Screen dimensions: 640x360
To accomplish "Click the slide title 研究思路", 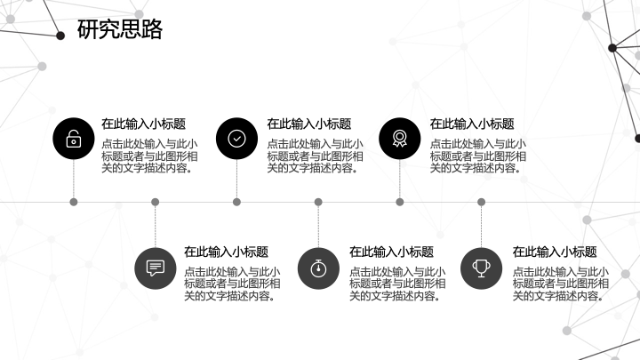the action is (120, 29).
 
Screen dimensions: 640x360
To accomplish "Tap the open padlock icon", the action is (74, 139).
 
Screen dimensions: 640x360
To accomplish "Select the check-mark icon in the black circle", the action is (236, 139).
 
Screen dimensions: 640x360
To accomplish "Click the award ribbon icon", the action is (400, 139).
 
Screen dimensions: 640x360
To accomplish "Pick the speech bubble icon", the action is (155, 268).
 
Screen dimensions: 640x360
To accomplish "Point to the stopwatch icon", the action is (318, 268).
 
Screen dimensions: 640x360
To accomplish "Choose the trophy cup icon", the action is (481, 268).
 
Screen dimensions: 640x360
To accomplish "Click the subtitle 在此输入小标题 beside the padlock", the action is (144, 124).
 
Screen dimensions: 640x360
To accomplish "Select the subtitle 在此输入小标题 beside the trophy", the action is (555, 252).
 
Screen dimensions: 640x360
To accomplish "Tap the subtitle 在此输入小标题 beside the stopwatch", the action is (391, 252).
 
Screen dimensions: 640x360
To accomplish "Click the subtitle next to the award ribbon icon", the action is (472, 124).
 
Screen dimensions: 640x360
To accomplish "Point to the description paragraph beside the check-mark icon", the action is (315, 156).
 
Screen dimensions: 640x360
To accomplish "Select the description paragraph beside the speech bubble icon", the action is (232, 284).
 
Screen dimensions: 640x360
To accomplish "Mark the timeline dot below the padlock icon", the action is (74, 202).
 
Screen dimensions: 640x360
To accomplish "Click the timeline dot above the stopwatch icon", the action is (318, 202).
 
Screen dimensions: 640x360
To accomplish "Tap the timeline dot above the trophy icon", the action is (481, 202).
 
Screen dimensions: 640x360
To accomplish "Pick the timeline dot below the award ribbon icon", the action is (400, 202).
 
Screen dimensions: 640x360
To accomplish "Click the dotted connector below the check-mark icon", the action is (236, 179).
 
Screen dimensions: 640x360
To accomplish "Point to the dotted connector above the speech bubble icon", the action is (155, 227).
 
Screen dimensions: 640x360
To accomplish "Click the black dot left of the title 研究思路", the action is (60, 36).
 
